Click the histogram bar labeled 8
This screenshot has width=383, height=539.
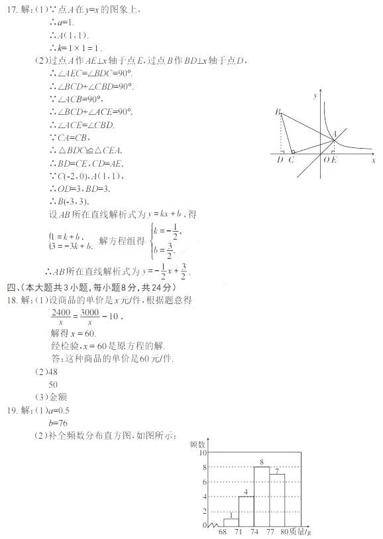pos(262,498)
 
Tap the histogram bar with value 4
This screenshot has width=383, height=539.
pos(246,512)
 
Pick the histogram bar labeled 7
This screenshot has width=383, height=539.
pos(277,501)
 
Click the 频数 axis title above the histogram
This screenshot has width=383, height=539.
pos(197,443)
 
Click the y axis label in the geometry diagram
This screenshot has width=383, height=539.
pos(315,97)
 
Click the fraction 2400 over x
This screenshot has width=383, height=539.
pos(61,317)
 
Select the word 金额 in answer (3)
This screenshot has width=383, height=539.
pos(57,397)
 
